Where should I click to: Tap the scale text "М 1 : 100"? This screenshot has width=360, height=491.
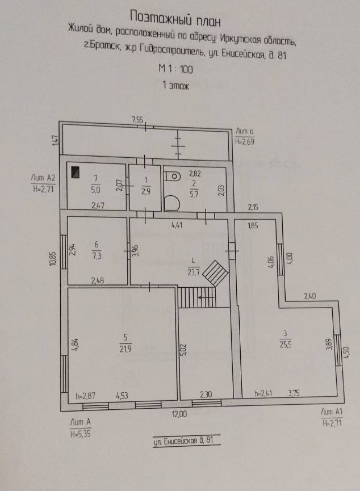(176, 69)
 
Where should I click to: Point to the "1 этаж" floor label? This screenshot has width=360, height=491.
(175, 86)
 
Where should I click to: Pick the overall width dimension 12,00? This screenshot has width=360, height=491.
(179, 414)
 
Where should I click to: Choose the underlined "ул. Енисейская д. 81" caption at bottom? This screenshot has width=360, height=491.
(186, 440)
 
